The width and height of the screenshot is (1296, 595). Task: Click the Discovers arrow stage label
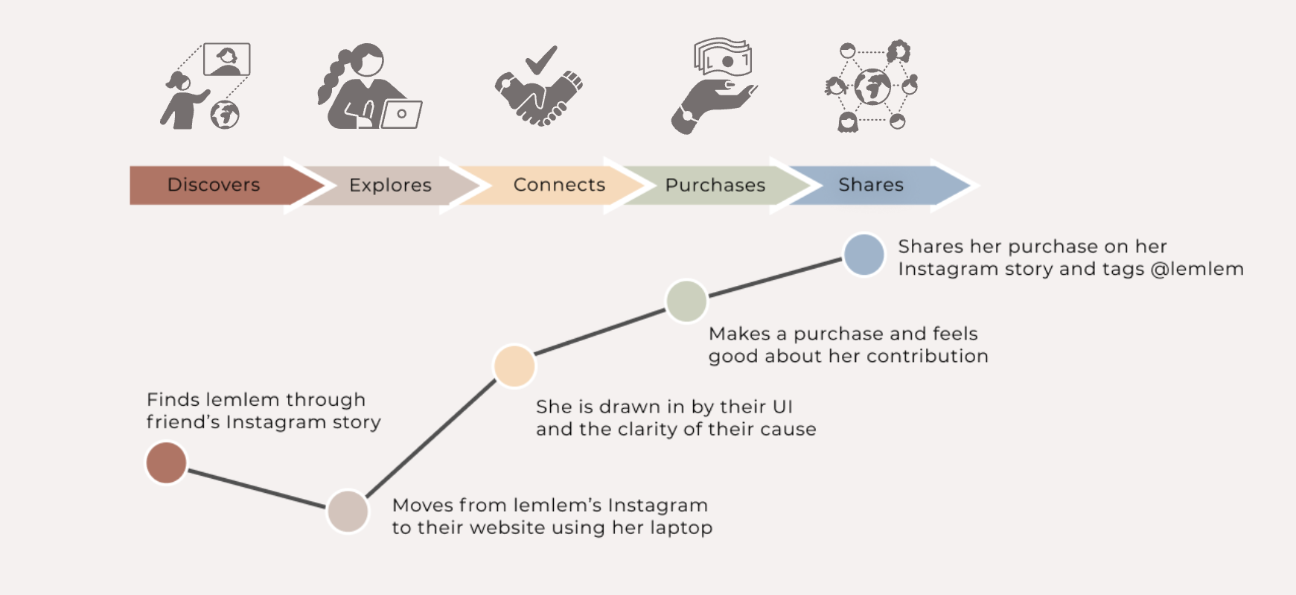(x=214, y=185)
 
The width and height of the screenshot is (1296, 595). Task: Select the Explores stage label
(x=390, y=185)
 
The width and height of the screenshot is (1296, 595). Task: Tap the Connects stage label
(x=559, y=185)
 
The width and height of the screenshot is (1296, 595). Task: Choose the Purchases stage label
(x=715, y=185)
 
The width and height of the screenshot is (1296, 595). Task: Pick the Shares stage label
(x=870, y=185)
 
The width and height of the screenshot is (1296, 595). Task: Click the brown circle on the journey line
(x=166, y=462)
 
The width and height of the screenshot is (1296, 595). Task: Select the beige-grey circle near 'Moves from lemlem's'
(x=348, y=511)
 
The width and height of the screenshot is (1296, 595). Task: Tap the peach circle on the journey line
(x=514, y=366)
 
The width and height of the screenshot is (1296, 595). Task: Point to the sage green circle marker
(x=686, y=301)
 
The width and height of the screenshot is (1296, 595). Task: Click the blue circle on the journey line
(x=864, y=255)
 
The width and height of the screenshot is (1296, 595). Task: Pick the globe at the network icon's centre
(x=872, y=87)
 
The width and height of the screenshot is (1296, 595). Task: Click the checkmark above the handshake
(x=540, y=60)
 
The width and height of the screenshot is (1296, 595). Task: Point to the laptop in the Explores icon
(x=401, y=114)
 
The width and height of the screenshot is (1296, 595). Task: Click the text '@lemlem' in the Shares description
(x=1197, y=269)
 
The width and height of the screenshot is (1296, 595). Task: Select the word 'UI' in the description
(x=782, y=407)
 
